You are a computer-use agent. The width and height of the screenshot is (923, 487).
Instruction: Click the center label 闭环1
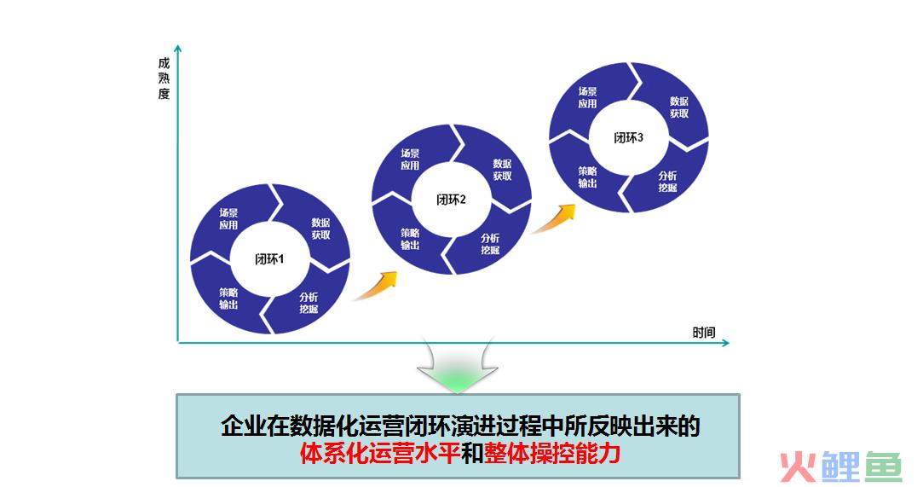point(269,259)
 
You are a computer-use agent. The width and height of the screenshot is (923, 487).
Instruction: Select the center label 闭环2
point(452,200)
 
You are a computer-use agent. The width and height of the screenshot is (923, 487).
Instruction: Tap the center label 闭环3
point(629,138)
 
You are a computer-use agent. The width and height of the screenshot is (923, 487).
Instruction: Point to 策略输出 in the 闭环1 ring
point(228,298)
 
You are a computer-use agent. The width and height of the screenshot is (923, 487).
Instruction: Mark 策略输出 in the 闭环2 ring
point(410,239)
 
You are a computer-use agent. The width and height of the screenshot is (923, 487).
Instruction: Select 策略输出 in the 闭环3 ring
point(587,177)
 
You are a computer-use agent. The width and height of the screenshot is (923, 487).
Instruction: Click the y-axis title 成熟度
point(164,78)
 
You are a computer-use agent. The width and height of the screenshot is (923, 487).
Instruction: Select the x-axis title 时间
point(704,333)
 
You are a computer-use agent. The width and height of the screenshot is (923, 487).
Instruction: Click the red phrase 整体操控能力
point(552,454)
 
